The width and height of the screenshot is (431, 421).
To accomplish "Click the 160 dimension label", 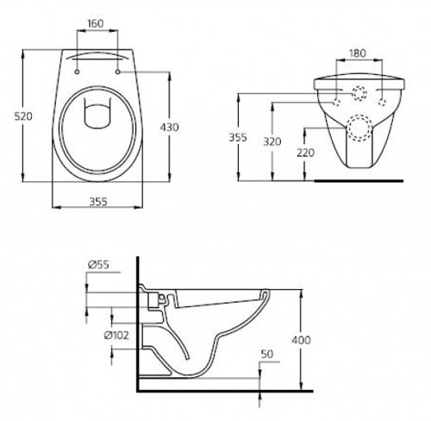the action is click(96, 23).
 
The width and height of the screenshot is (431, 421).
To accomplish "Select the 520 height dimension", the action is click(23, 116).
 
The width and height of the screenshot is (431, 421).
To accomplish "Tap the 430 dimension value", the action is click(169, 127).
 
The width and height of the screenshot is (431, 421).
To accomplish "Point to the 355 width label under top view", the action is click(98, 202).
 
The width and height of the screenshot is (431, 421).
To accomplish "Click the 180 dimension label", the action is click(358, 53).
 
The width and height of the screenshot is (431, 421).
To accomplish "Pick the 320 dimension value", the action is click(272, 141).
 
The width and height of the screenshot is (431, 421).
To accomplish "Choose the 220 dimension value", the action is click(305, 153).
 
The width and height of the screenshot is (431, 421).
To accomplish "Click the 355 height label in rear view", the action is click(238, 137).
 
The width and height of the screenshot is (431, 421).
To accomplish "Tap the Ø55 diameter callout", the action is click(98, 265).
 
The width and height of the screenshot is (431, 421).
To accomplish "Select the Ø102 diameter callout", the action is click(116, 336).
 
